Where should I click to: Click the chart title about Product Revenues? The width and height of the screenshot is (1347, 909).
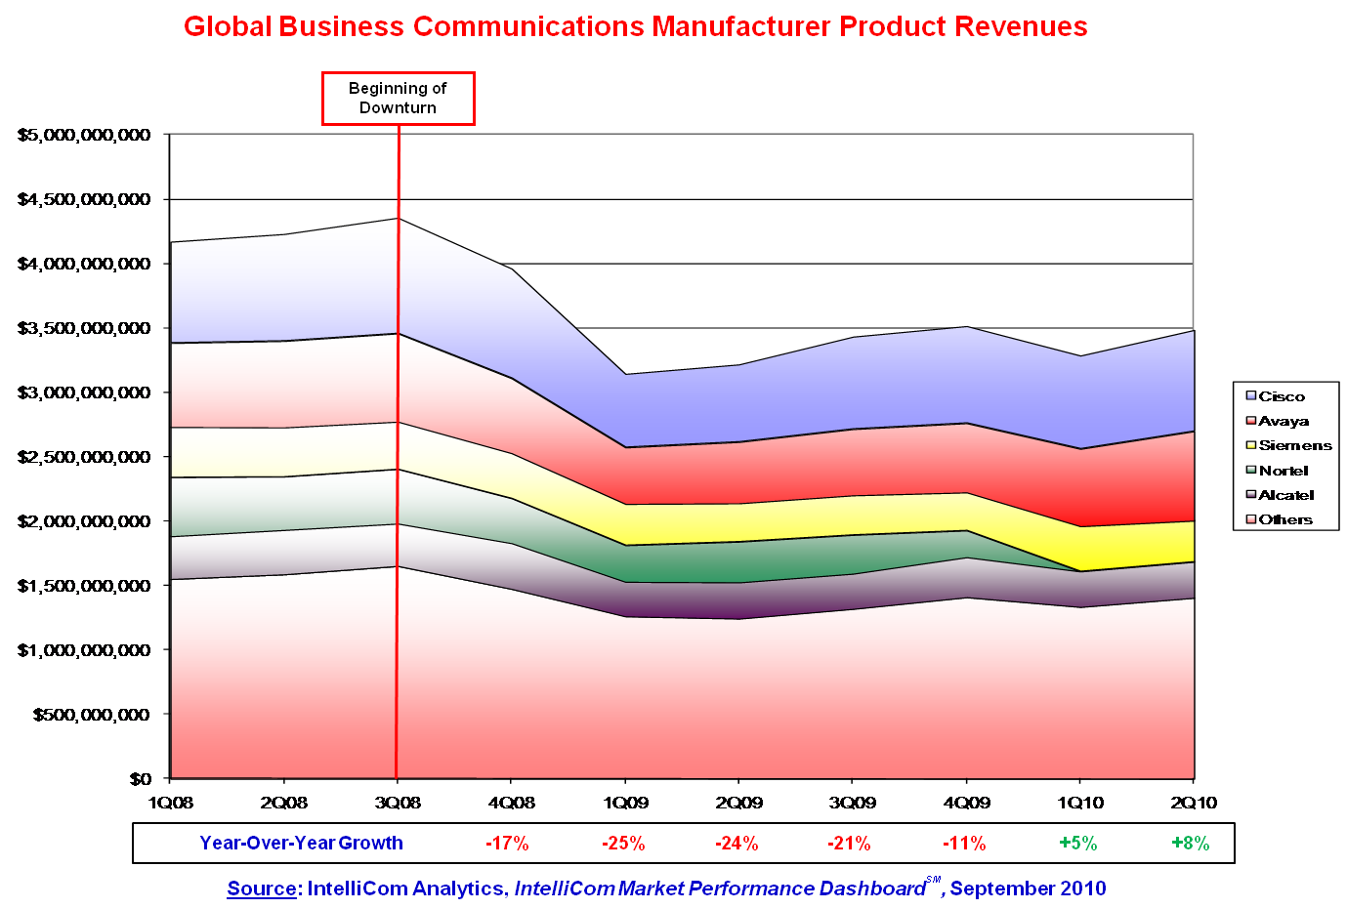(635, 26)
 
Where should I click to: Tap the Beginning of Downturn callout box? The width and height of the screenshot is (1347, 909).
(398, 98)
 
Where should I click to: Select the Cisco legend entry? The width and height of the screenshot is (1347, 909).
(1282, 396)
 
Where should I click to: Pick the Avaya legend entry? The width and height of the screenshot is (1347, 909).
(1284, 421)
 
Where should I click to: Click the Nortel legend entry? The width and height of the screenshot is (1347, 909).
(1284, 471)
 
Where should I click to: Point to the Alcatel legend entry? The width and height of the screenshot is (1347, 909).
(1286, 495)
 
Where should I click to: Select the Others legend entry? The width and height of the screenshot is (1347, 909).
(1285, 519)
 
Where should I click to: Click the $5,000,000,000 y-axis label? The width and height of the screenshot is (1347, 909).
(84, 135)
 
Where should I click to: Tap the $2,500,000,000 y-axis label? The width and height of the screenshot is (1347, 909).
(84, 457)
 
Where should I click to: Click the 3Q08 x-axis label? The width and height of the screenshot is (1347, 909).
(398, 803)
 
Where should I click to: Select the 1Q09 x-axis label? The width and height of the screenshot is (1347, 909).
(624, 803)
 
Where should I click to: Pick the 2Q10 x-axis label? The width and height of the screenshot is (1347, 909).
(1194, 803)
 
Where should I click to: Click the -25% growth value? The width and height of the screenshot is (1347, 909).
(623, 844)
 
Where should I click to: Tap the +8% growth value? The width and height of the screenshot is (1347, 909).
(1190, 844)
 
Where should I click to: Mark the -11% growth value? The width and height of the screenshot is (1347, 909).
(964, 844)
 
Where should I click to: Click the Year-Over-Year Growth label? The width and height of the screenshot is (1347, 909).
(301, 844)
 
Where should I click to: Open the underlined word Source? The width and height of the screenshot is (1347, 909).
(261, 888)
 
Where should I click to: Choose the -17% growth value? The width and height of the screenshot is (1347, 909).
(507, 844)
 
